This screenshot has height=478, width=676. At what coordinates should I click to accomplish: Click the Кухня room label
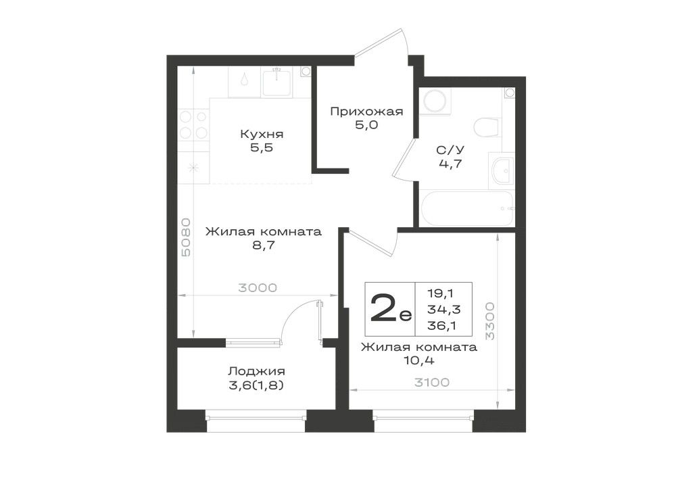click(262, 135)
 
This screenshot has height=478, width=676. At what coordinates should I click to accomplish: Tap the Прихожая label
click(366, 112)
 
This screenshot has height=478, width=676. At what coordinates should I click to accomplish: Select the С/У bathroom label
click(450, 150)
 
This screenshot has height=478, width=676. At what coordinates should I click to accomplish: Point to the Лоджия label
click(256, 371)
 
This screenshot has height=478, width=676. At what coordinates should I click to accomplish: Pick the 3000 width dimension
click(258, 287)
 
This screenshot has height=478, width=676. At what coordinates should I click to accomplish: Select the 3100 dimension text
click(431, 382)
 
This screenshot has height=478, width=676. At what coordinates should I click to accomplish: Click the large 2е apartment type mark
click(391, 308)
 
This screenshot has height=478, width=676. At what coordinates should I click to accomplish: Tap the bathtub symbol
click(466, 208)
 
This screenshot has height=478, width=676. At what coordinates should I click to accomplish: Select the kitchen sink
click(278, 82)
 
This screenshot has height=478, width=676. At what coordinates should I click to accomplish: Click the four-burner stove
click(193, 124)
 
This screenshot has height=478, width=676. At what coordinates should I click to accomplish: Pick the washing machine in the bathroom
click(435, 101)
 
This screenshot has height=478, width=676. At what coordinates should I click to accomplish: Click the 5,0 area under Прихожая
click(366, 126)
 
